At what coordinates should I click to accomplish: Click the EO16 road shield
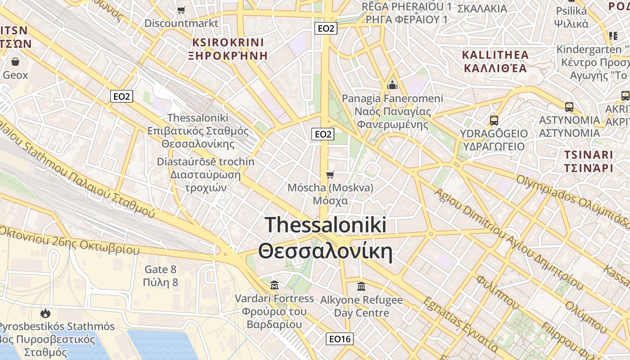coord(339,339)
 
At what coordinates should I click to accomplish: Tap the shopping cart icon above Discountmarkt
coord(181,10)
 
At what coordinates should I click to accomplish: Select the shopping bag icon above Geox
coord(15,62)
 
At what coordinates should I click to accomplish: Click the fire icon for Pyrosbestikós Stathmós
coord(45,313)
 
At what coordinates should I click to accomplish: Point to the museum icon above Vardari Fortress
coord(274,285)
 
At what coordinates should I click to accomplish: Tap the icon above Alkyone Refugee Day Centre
coord(361,286)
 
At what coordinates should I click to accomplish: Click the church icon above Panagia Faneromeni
coord(392,85)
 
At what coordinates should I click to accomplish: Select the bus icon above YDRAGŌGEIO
coord(494,121)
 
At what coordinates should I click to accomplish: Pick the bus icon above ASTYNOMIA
coord(569,107)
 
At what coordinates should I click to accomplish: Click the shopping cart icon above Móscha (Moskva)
coord(330,175)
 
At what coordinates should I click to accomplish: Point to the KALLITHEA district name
coord(495,55)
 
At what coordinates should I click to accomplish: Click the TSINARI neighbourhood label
coord(589,155)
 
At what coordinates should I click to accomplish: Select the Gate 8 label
coord(160,270)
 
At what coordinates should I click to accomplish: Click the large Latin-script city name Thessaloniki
coord(325,225)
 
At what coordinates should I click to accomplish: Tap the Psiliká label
coord(571,11)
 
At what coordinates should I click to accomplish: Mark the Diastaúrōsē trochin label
coord(206,162)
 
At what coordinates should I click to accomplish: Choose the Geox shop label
coord(15,75)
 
